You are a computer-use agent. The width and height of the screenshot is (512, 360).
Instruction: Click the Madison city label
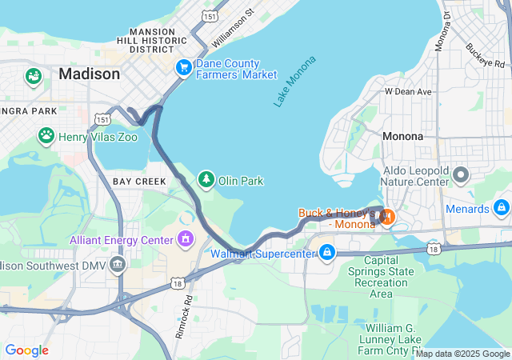click(x=89, y=74)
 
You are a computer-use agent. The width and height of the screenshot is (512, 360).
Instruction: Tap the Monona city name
click(x=402, y=136)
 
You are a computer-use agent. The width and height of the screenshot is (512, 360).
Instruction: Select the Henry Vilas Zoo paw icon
click(x=46, y=136)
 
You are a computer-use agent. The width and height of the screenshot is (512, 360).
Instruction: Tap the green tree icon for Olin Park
click(x=206, y=178)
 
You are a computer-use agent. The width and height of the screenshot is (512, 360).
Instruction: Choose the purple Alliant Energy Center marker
click(x=186, y=238)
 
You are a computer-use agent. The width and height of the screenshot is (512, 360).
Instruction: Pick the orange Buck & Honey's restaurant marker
click(x=386, y=216)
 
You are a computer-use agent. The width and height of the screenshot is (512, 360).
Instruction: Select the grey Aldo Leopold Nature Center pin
click(x=460, y=174)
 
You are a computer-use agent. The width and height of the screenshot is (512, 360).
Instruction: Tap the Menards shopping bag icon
click(x=502, y=208)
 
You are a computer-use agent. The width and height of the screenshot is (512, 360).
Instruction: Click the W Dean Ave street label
click(x=408, y=92)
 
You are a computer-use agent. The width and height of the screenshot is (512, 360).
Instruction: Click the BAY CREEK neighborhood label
click(x=139, y=182)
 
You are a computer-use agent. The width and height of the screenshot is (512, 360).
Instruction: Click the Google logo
click(x=26, y=350)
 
